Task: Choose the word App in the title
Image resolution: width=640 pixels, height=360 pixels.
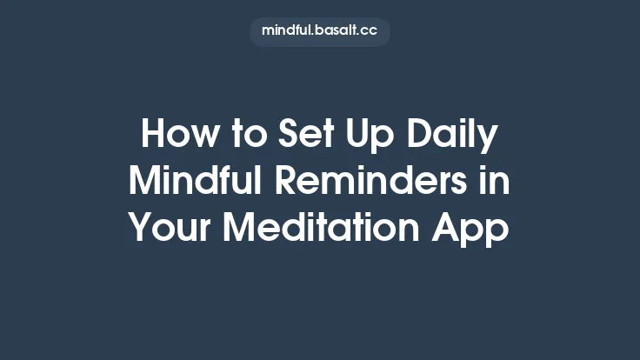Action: coord(473,228)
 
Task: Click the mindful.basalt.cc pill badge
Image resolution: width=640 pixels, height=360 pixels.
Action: coord(320,31)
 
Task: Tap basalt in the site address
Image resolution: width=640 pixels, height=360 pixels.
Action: coord(334,31)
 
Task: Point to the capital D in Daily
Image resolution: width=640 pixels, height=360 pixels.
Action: coord(421,136)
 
